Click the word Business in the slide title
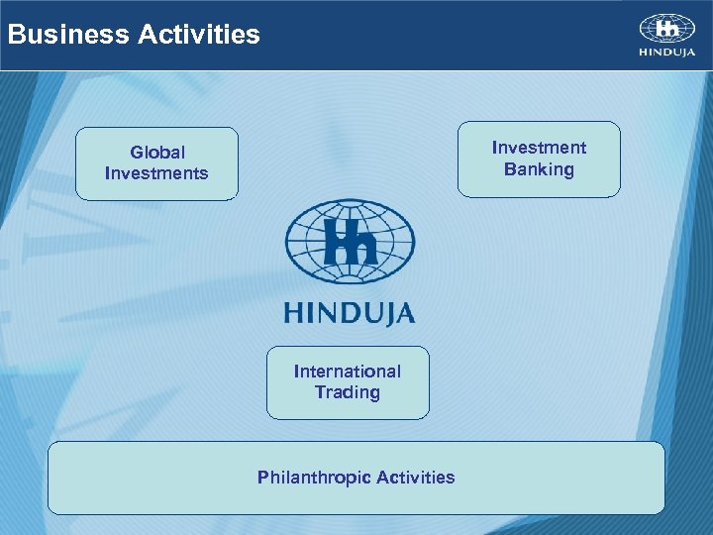[67, 35]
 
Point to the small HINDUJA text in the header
[666, 53]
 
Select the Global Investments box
[156, 163]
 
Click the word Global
[157, 153]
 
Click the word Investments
[156, 174]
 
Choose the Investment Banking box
[539, 159]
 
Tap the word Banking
[539, 169]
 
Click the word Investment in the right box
[539, 148]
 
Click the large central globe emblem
[350, 242]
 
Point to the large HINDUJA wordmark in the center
[350, 314]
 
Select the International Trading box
[348, 382]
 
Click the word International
[348, 372]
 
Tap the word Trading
[348, 393]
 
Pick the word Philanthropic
[310, 478]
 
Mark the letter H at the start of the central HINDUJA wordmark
[294, 314]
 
